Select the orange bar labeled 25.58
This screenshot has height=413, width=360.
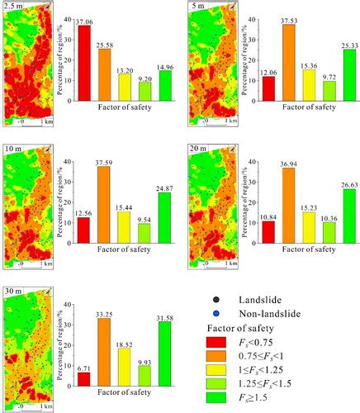click(104, 73)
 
